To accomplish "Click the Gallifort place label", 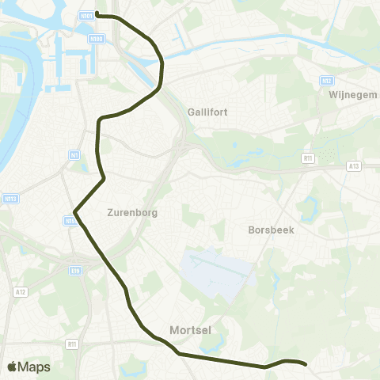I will tap(208, 112).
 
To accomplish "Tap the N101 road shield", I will tap(86, 14).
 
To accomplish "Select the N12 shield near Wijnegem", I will tap(327, 81).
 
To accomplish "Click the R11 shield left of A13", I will tap(309, 158).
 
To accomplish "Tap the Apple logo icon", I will tap(13, 367).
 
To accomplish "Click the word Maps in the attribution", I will tap(35, 367).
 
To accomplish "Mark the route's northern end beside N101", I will tap(97, 14).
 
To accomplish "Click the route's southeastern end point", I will tap(306, 365).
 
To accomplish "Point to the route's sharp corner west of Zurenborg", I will tap(74, 211).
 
